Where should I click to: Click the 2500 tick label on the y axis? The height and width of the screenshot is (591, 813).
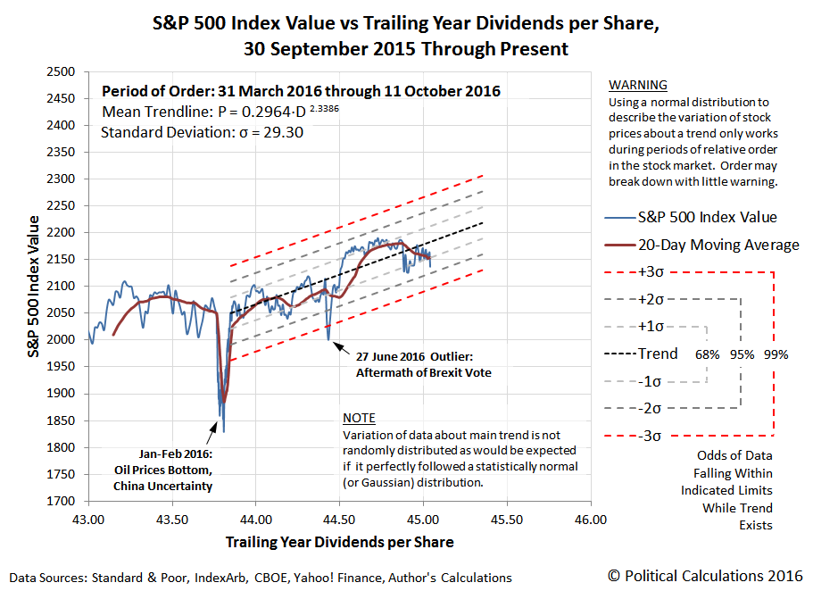click(x=59, y=71)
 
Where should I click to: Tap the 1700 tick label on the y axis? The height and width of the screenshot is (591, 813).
click(x=59, y=501)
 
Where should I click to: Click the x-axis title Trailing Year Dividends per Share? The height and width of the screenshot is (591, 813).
click(x=339, y=542)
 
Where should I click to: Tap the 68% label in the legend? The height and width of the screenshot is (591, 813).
click(x=707, y=354)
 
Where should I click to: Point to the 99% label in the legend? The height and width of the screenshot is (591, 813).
click(x=776, y=354)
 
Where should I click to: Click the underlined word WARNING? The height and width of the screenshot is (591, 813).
click(x=637, y=86)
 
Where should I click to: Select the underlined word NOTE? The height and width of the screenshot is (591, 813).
click(x=359, y=418)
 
